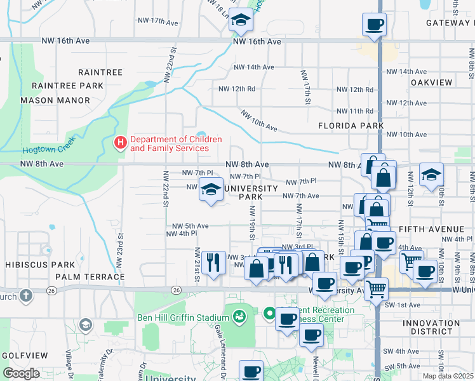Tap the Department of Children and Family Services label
tap(176, 144)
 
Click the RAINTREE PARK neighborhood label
tap(67, 86)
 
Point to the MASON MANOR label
tap(55, 100)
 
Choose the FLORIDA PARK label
tap(351, 126)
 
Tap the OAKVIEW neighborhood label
tap(431, 83)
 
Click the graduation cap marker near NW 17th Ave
tap(241, 22)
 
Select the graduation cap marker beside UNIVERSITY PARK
tap(211, 189)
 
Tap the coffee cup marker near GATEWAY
tap(374, 25)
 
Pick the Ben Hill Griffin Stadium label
tap(183, 317)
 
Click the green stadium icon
tap(239, 316)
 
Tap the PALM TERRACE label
tap(90, 277)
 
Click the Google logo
tap(21, 373)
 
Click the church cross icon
tap(25, 296)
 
